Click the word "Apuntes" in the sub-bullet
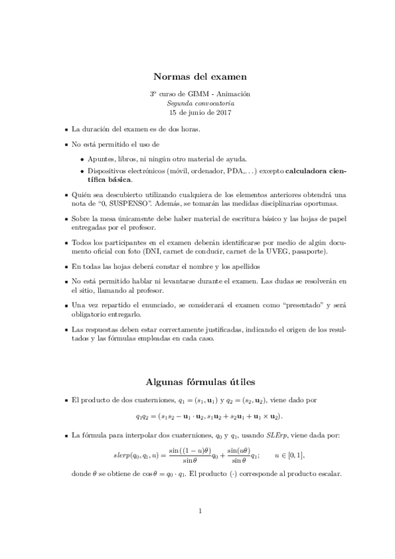click(102, 159)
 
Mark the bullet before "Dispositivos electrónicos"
click(82, 171)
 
